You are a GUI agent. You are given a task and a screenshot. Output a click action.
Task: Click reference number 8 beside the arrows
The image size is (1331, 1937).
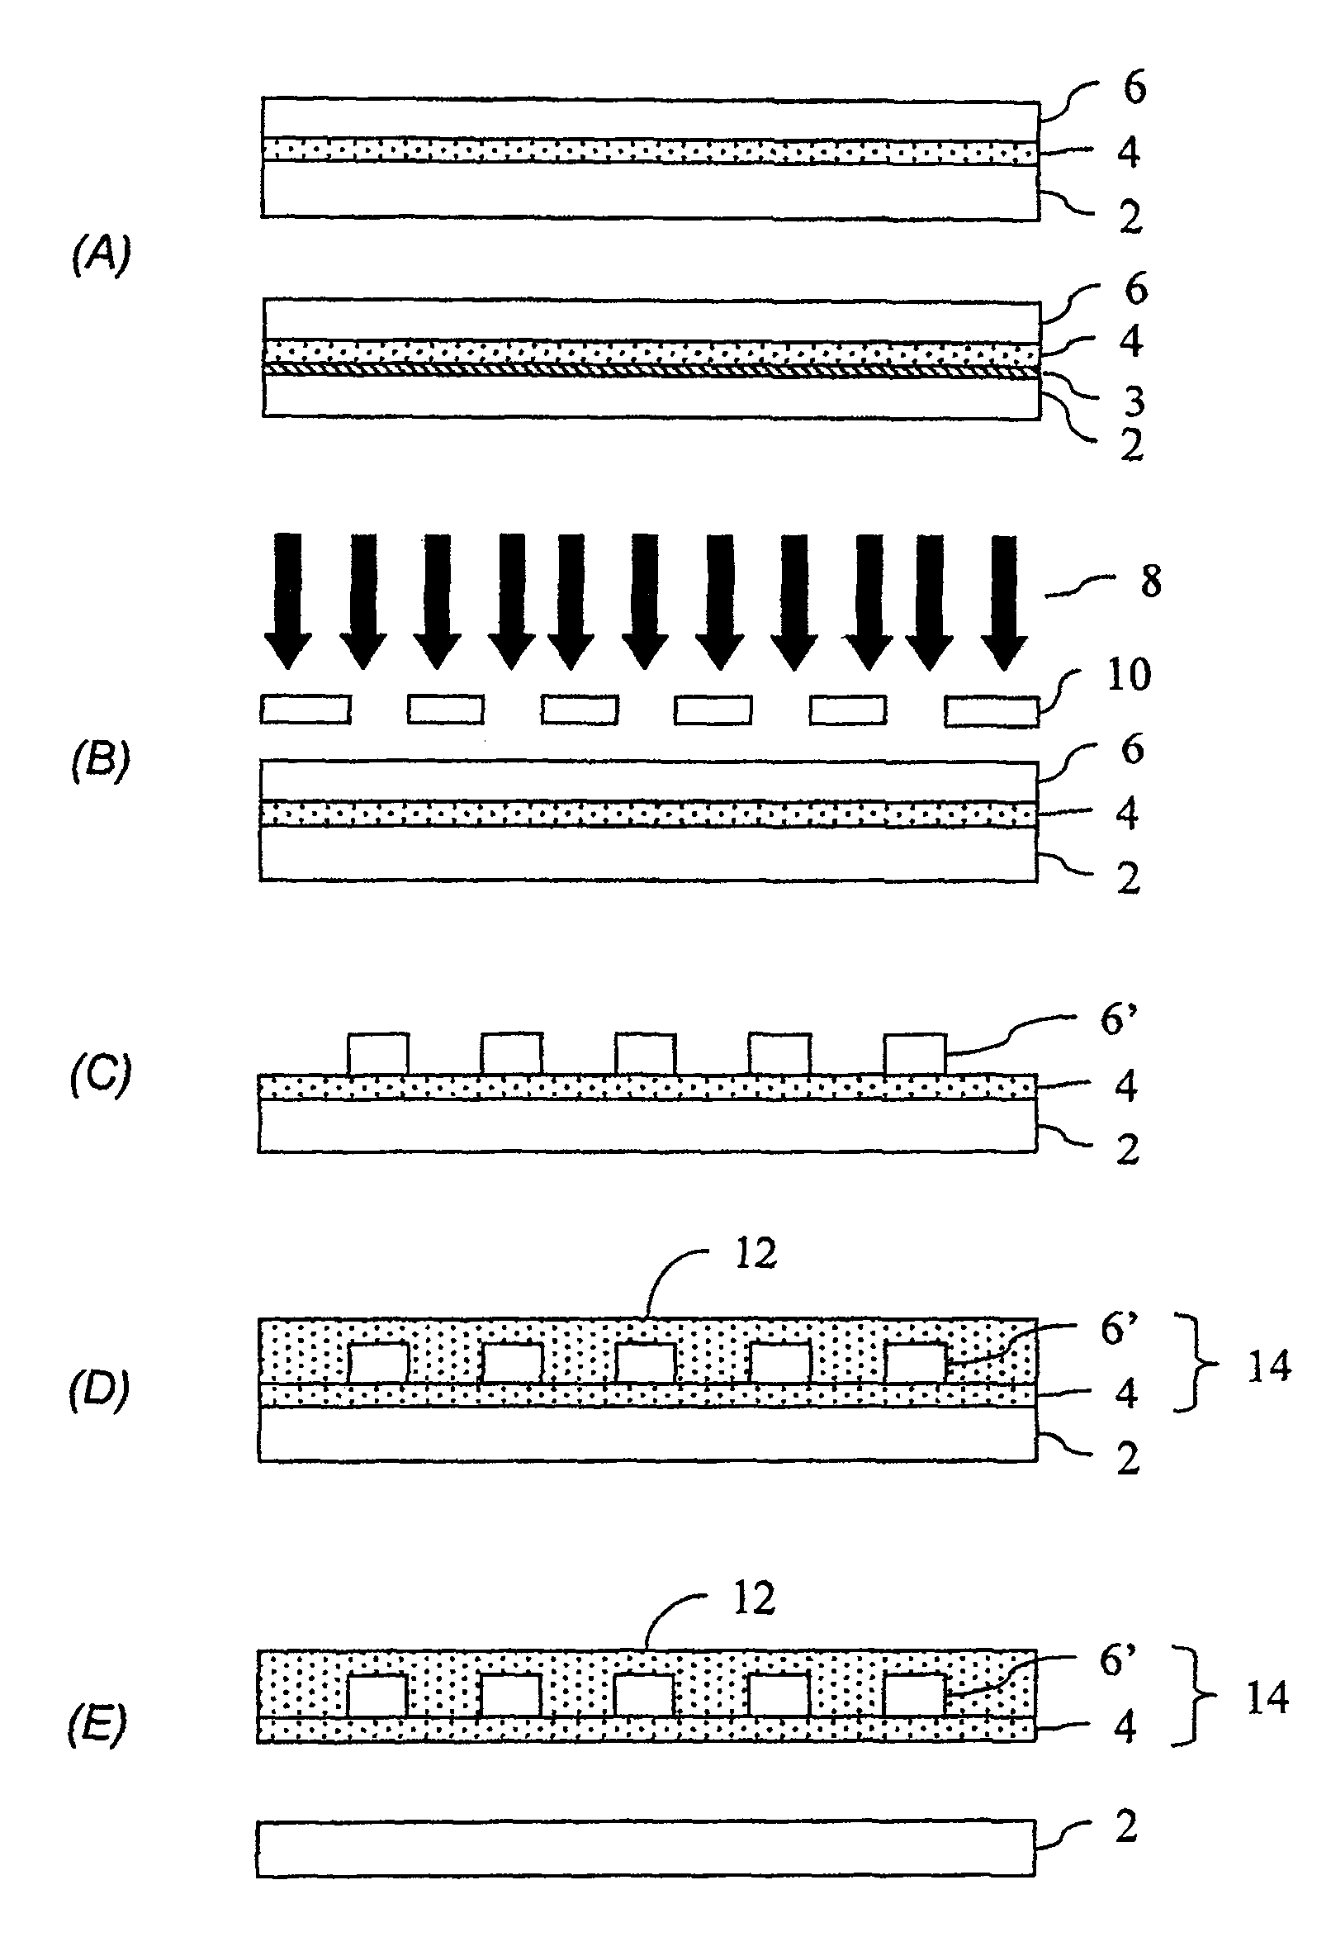point(1151,582)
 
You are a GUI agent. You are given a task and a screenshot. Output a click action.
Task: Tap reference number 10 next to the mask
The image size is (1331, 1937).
point(1129,675)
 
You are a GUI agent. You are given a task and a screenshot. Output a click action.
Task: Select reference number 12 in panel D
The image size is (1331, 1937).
point(755,1254)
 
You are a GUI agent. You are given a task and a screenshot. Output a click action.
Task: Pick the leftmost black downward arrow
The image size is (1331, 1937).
point(287,601)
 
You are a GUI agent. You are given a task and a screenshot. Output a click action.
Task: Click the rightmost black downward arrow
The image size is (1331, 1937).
point(1003,601)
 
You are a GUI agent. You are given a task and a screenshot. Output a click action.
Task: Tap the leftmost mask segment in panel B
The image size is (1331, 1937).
point(306,709)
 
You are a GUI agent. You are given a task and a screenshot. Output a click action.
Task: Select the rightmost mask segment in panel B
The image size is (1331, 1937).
point(992,710)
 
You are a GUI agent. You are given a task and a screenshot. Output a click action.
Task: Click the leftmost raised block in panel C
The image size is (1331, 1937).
point(378,1055)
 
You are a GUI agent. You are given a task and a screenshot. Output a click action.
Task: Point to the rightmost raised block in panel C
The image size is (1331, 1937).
point(915,1055)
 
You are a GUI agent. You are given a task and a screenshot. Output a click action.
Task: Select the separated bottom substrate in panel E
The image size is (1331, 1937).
point(646,1849)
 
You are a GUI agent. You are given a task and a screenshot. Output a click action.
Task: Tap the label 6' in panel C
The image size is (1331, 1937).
point(1118,1020)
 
